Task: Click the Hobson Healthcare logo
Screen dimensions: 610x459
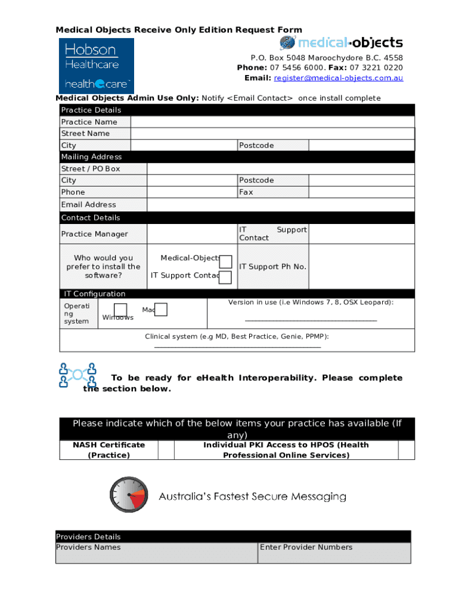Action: click(96, 66)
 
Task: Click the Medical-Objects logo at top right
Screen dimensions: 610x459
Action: click(341, 43)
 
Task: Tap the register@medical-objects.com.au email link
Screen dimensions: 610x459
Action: click(339, 78)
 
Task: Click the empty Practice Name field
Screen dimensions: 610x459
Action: click(272, 122)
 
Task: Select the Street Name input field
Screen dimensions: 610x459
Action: click(272, 133)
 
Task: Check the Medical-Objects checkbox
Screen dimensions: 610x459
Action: click(225, 262)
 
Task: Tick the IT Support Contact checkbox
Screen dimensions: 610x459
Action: click(225, 277)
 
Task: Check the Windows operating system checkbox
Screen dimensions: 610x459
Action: click(120, 309)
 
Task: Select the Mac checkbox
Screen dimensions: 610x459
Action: click(161, 309)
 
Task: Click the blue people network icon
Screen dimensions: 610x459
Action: click(77, 375)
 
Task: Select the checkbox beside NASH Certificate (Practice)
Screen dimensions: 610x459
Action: click(166, 450)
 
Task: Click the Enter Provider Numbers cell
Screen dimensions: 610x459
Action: click(334, 552)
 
